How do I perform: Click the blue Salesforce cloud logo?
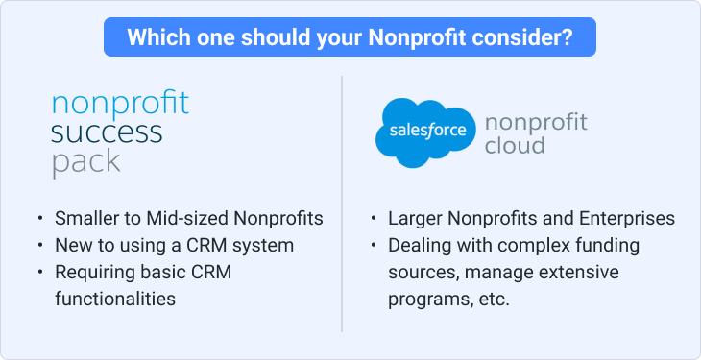(425, 132)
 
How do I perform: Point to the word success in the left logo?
(107, 132)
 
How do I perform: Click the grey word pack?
(85, 162)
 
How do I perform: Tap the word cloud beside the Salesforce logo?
(515, 145)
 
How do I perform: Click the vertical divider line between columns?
(342, 204)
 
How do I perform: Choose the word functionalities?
(115, 299)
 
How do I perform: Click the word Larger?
(415, 219)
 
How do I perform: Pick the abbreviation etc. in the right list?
(495, 300)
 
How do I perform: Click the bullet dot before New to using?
(40, 246)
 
